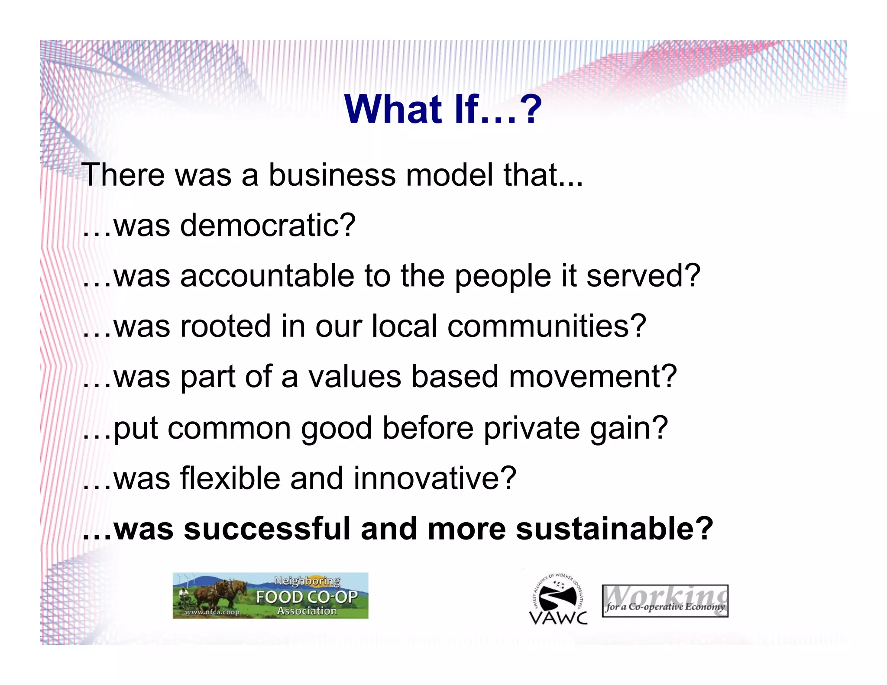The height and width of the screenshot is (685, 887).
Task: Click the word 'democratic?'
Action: pyautogui.click(x=268, y=226)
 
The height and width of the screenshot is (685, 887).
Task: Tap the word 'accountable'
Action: pyautogui.click(x=267, y=276)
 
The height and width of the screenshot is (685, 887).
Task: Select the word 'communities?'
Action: pyautogui.click(x=547, y=326)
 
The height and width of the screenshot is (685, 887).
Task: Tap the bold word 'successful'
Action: pyautogui.click(x=266, y=529)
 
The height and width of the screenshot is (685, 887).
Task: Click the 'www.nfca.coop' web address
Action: pyautogui.click(x=212, y=612)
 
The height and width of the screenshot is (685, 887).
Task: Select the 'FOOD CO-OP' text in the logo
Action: pyautogui.click(x=307, y=597)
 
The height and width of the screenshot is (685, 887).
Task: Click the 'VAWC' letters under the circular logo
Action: pyautogui.click(x=558, y=618)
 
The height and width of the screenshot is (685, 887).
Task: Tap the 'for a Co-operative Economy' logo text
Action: pyautogui.click(x=665, y=607)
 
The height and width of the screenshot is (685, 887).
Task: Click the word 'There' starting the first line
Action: pyautogui.click(x=123, y=175)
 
